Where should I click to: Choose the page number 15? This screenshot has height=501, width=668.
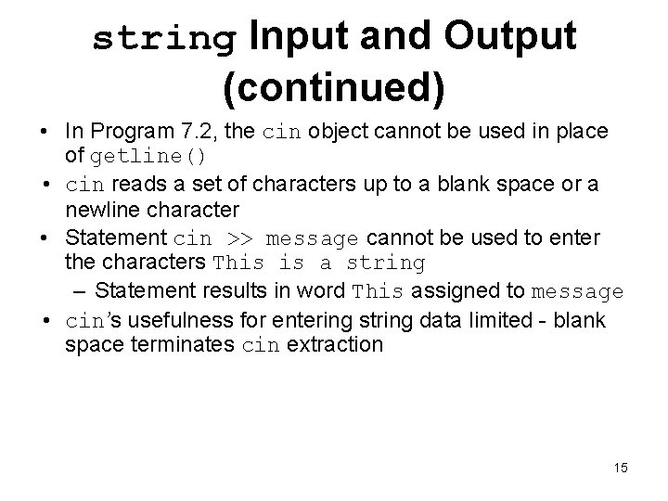click(x=620, y=468)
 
